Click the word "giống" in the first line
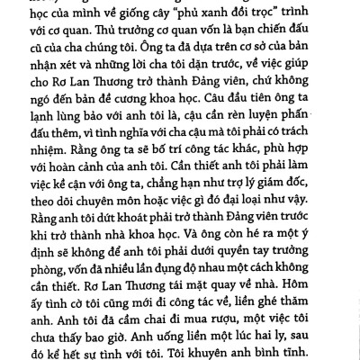(x=133, y=10)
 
